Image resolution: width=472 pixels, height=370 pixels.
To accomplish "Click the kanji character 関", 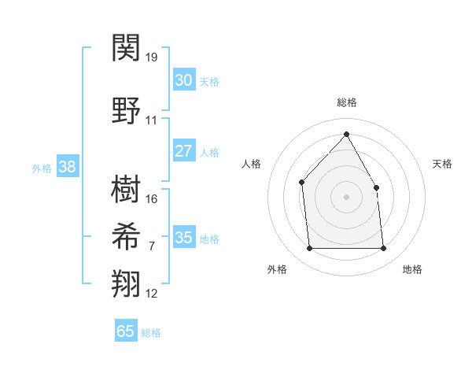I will coord(127,48).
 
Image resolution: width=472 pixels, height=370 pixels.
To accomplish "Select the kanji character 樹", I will coord(127,190).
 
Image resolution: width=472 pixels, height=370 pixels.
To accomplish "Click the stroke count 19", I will coord(152,57).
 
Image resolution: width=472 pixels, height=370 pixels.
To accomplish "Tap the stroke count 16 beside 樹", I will coord(152,199).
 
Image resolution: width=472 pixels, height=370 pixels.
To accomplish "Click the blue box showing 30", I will coord(183,80).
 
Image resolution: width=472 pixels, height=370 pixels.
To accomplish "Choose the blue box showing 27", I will coord(183,151).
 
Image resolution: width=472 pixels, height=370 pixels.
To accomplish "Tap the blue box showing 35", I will coord(183,238).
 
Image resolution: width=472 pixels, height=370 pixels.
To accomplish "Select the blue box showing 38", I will coord(67,167).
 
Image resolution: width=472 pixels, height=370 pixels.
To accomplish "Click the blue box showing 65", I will coord(125,331).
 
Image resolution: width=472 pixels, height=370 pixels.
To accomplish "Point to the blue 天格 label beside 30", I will coord(209,82).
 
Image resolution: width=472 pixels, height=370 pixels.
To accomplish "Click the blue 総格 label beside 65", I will coord(151,333).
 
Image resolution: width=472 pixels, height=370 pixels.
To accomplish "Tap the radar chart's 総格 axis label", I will coord(346,102).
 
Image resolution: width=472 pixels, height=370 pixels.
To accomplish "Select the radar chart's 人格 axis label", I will coord(252,164).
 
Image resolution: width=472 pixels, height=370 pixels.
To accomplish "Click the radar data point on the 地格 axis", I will coord(384,249).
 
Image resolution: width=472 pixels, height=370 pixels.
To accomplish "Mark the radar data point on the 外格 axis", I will coord(309,249).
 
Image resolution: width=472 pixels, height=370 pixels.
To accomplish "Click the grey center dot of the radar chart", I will coord(346,196).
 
